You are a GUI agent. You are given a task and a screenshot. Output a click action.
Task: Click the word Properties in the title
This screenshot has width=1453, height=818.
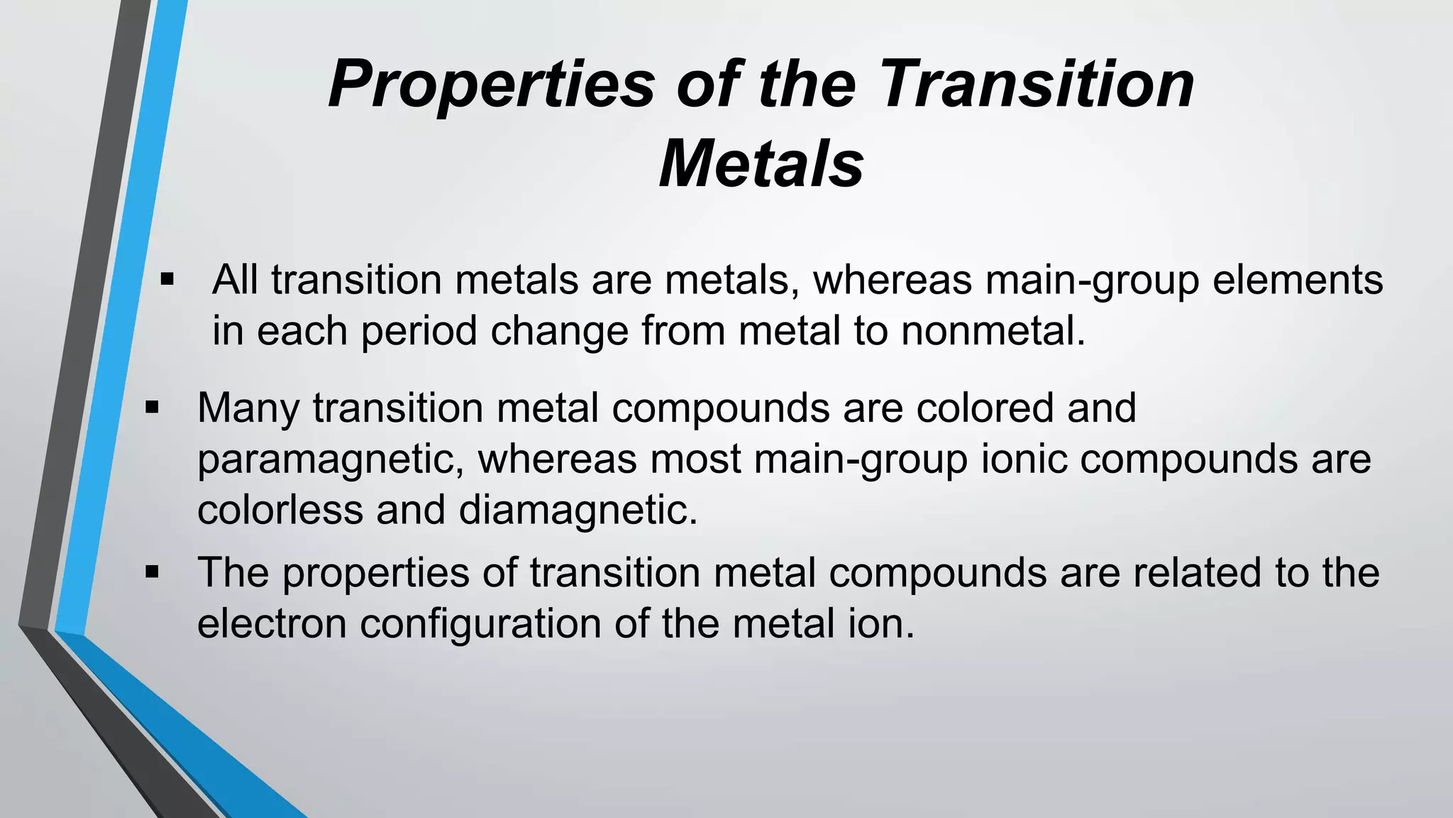coord(491,85)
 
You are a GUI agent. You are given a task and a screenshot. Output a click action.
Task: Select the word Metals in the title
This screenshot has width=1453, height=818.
coord(761,165)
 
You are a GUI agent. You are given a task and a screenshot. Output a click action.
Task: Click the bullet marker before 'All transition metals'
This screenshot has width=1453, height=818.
coord(167,279)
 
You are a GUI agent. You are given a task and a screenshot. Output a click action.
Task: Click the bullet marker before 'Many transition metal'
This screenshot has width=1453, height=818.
coord(152,408)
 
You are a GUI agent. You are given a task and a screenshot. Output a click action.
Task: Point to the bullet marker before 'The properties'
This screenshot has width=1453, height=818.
coord(152,572)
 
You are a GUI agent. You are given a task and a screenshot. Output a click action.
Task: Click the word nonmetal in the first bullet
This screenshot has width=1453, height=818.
coord(993,331)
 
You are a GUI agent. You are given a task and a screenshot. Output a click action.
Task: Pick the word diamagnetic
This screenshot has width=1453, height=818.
coord(578,510)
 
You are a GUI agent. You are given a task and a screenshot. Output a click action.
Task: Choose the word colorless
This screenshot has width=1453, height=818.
coord(280,510)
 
